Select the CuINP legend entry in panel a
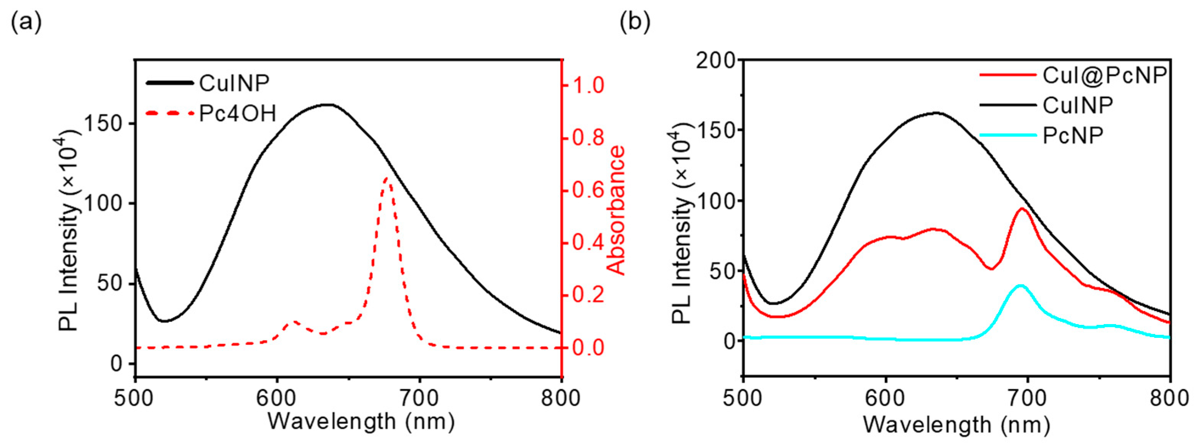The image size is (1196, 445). (x=234, y=83)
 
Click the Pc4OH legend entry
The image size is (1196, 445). (x=237, y=113)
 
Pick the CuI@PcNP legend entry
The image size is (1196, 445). (x=1105, y=75)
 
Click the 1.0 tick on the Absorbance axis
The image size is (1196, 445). (x=588, y=86)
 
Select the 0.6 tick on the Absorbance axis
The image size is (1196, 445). (x=588, y=191)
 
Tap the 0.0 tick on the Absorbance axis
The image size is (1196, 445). (x=588, y=347)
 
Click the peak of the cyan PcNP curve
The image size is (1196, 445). (x=1020, y=285)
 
